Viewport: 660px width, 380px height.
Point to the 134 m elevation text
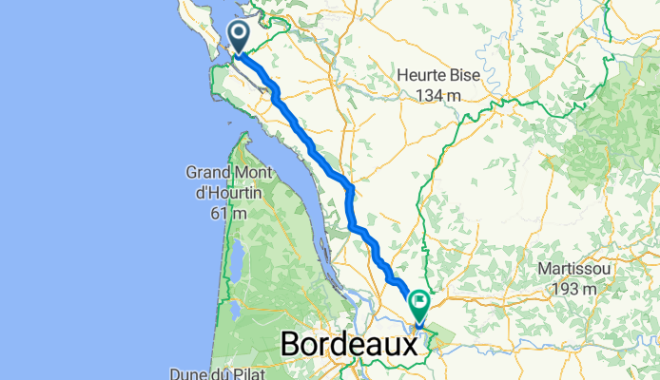click(437, 95)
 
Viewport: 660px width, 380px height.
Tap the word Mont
click(254, 173)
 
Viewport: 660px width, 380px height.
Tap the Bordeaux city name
click(349, 344)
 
